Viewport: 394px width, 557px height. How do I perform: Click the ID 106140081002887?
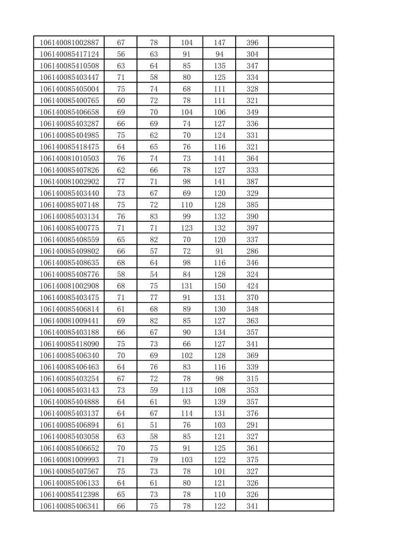click(x=69, y=43)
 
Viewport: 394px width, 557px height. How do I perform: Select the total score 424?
click(x=252, y=286)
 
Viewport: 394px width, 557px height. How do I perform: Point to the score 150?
click(x=219, y=286)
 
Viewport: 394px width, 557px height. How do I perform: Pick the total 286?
click(x=252, y=251)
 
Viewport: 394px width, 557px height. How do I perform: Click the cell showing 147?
click(x=219, y=43)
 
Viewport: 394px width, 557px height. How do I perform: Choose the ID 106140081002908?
click(x=69, y=286)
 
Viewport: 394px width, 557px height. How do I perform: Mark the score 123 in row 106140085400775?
click(x=187, y=228)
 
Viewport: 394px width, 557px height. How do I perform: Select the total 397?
click(x=252, y=228)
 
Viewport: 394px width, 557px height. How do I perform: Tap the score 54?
click(x=153, y=274)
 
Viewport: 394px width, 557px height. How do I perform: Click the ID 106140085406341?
click(x=69, y=506)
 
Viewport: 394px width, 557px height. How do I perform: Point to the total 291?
click(x=252, y=425)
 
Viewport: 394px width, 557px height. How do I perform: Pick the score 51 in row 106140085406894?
click(x=153, y=425)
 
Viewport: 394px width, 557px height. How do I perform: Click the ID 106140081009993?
click(x=69, y=460)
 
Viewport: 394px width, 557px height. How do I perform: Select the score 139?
click(x=219, y=402)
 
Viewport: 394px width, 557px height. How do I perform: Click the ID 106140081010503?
click(x=69, y=159)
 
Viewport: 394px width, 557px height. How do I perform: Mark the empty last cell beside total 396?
click(x=301, y=43)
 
